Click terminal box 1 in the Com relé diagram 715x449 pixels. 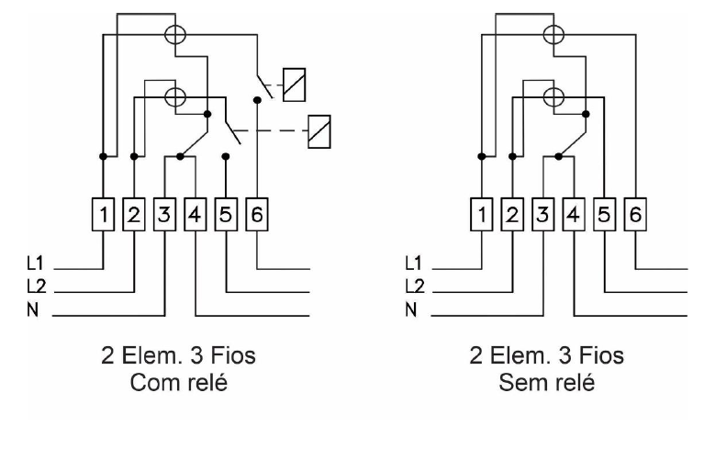pos(103,214)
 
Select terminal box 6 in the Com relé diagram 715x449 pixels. pos(257,214)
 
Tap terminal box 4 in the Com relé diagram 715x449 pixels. pos(196,214)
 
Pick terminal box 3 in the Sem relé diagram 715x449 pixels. pos(543,214)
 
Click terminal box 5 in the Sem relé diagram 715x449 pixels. pos(604,214)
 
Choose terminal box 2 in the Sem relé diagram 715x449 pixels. pos(512,214)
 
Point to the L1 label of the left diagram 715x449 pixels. pos(35,264)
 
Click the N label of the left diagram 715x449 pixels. pos(32,309)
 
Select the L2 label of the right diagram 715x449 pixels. pos(415,286)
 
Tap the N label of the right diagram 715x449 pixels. pos(411,309)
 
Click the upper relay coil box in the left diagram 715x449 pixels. pos(294,84)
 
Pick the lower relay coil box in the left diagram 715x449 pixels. pos(319,131)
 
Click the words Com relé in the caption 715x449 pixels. pos(179,382)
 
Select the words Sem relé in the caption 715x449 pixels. pos(547,382)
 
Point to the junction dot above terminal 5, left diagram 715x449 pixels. pos(225,156)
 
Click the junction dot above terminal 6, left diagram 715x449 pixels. pos(257,99)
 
